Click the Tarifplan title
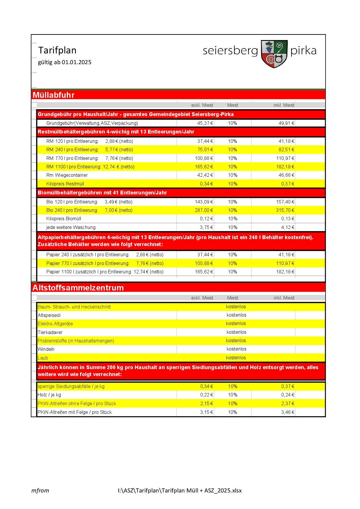[57, 50]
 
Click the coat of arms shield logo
[274, 54]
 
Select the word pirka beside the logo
[303, 51]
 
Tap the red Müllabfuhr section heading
[54, 95]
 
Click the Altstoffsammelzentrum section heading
[78, 288]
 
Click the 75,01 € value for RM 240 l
[204, 150]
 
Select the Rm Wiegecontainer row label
[67, 175]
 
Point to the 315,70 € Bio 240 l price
[285, 210]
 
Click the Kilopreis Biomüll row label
[64, 219]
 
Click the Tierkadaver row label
[50, 332]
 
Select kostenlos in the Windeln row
[236, 349]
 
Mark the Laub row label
[43, 358]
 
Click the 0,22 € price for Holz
[206, 395]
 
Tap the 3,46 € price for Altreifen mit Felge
[287, 412]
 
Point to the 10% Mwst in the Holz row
[233, 395]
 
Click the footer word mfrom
[40, 491]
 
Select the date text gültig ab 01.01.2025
[65, 62]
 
